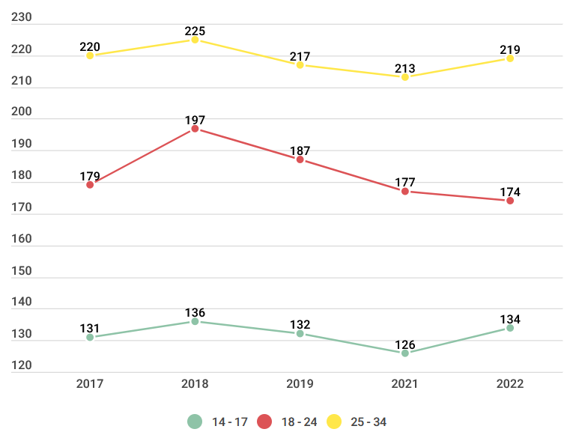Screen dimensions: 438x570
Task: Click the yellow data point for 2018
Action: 195,40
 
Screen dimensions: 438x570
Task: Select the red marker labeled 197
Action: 195,129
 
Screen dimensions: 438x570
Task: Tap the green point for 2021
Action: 405,353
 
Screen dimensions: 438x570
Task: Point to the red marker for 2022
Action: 510,201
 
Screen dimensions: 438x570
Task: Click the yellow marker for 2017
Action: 90,55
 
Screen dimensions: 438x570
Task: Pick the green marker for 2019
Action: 300,334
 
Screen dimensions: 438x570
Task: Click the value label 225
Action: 195,31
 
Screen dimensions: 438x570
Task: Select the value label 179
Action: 90,177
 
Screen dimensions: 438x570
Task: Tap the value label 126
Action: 405,344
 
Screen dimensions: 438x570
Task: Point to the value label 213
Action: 405,69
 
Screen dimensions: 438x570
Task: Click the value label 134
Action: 510,320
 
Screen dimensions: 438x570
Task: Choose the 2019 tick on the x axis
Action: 300,383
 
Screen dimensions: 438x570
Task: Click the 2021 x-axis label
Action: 405,383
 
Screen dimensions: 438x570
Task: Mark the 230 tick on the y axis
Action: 22,19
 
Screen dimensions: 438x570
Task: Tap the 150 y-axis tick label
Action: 22,271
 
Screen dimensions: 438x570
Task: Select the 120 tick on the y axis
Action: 22,366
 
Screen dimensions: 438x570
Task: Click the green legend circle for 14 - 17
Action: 195,422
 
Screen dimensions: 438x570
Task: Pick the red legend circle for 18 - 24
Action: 264,422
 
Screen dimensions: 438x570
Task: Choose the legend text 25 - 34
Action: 369,422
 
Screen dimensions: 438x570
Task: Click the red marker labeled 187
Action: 300,159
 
